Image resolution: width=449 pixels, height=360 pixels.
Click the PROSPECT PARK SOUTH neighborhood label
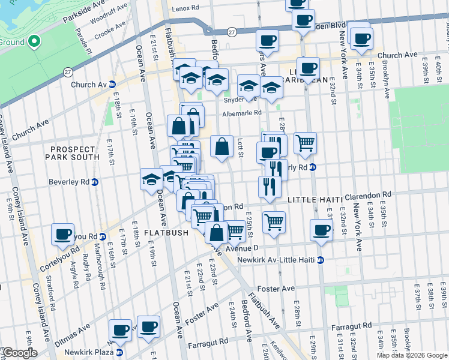point(73,153)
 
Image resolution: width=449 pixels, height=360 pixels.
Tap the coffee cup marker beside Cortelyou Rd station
point(63,235)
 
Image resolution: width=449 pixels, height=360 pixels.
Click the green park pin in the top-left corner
point(34,42)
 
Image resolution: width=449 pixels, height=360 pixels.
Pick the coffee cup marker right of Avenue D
point(321,230)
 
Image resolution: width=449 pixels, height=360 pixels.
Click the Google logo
point(20,353)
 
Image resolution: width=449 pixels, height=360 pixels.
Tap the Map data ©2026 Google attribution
point(412,355)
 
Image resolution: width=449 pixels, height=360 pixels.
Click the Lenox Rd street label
point(185,8)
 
